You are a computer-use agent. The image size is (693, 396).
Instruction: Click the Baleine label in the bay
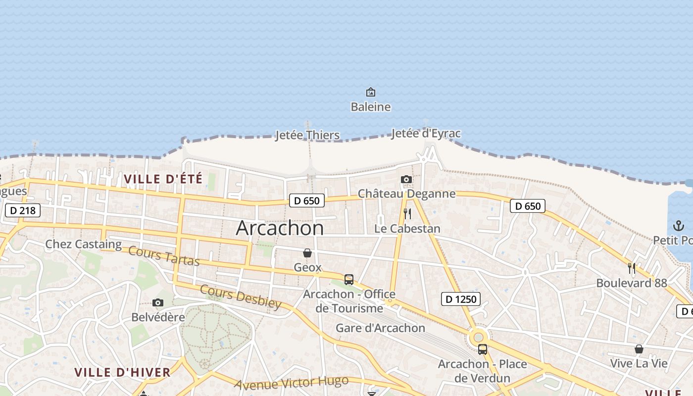370,107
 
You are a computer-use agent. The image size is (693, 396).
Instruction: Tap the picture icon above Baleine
370,92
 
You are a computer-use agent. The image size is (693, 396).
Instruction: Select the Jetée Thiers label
307,135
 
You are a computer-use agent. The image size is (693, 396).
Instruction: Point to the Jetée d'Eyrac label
426,134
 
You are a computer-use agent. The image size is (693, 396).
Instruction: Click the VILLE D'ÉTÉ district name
163,179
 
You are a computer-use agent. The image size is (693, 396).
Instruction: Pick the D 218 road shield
23,210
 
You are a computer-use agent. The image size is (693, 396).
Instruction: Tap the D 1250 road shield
461,299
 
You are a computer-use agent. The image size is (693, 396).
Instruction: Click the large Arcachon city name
280,228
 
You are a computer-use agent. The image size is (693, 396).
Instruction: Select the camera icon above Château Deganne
406,179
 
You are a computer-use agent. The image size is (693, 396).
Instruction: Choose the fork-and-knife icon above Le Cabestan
407,214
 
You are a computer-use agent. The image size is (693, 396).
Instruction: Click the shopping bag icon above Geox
307,253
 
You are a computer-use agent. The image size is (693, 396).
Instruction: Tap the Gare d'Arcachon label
380,328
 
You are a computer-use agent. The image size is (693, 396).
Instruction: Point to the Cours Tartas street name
164,255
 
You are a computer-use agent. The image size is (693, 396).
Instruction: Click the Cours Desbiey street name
241,297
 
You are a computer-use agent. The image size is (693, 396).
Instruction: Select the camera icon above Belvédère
158,302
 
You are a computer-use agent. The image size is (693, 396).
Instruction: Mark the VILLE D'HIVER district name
122,372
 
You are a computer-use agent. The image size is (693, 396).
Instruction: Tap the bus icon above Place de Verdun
482,349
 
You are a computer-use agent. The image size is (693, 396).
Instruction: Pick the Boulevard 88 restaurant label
632,283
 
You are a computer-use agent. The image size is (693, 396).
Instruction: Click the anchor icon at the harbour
678,226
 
